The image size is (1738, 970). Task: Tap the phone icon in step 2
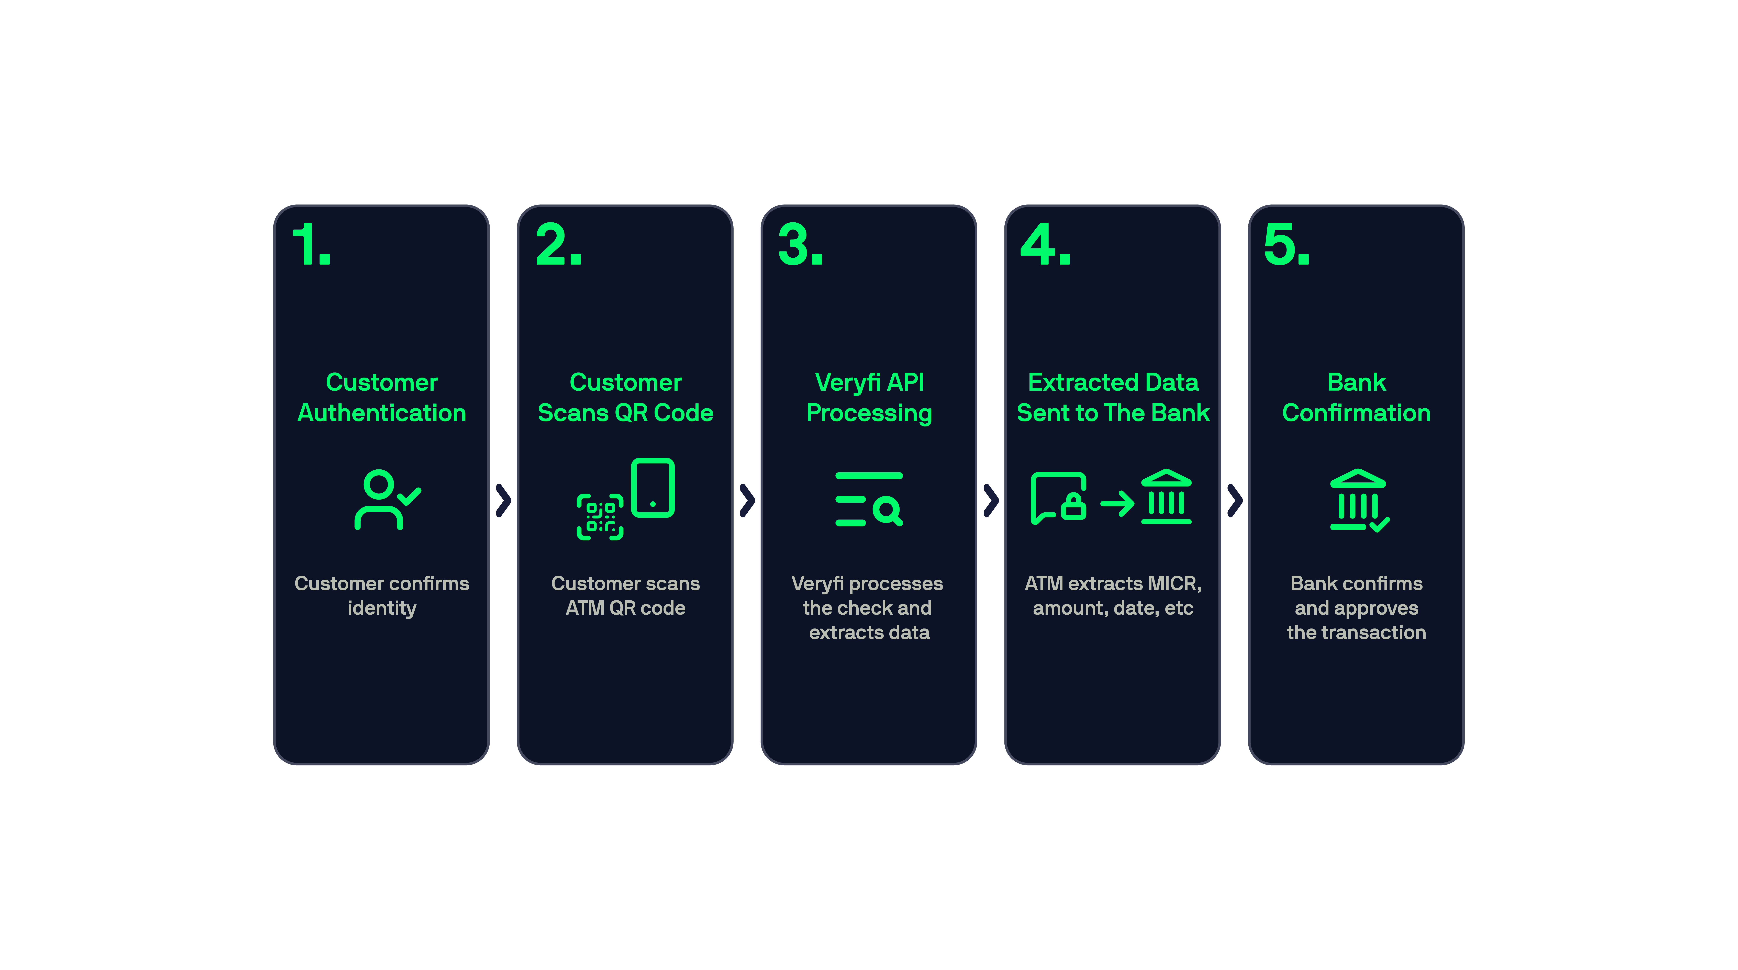tap(653, 488)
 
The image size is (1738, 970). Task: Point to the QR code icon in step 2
tap(600, 517)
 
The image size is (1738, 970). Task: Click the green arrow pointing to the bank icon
tap(1117, 503)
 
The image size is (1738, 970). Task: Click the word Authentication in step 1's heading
tap(382, 413)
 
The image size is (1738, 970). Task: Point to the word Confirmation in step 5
tap(1356, 413)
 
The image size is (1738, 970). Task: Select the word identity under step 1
tap(382, 609)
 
